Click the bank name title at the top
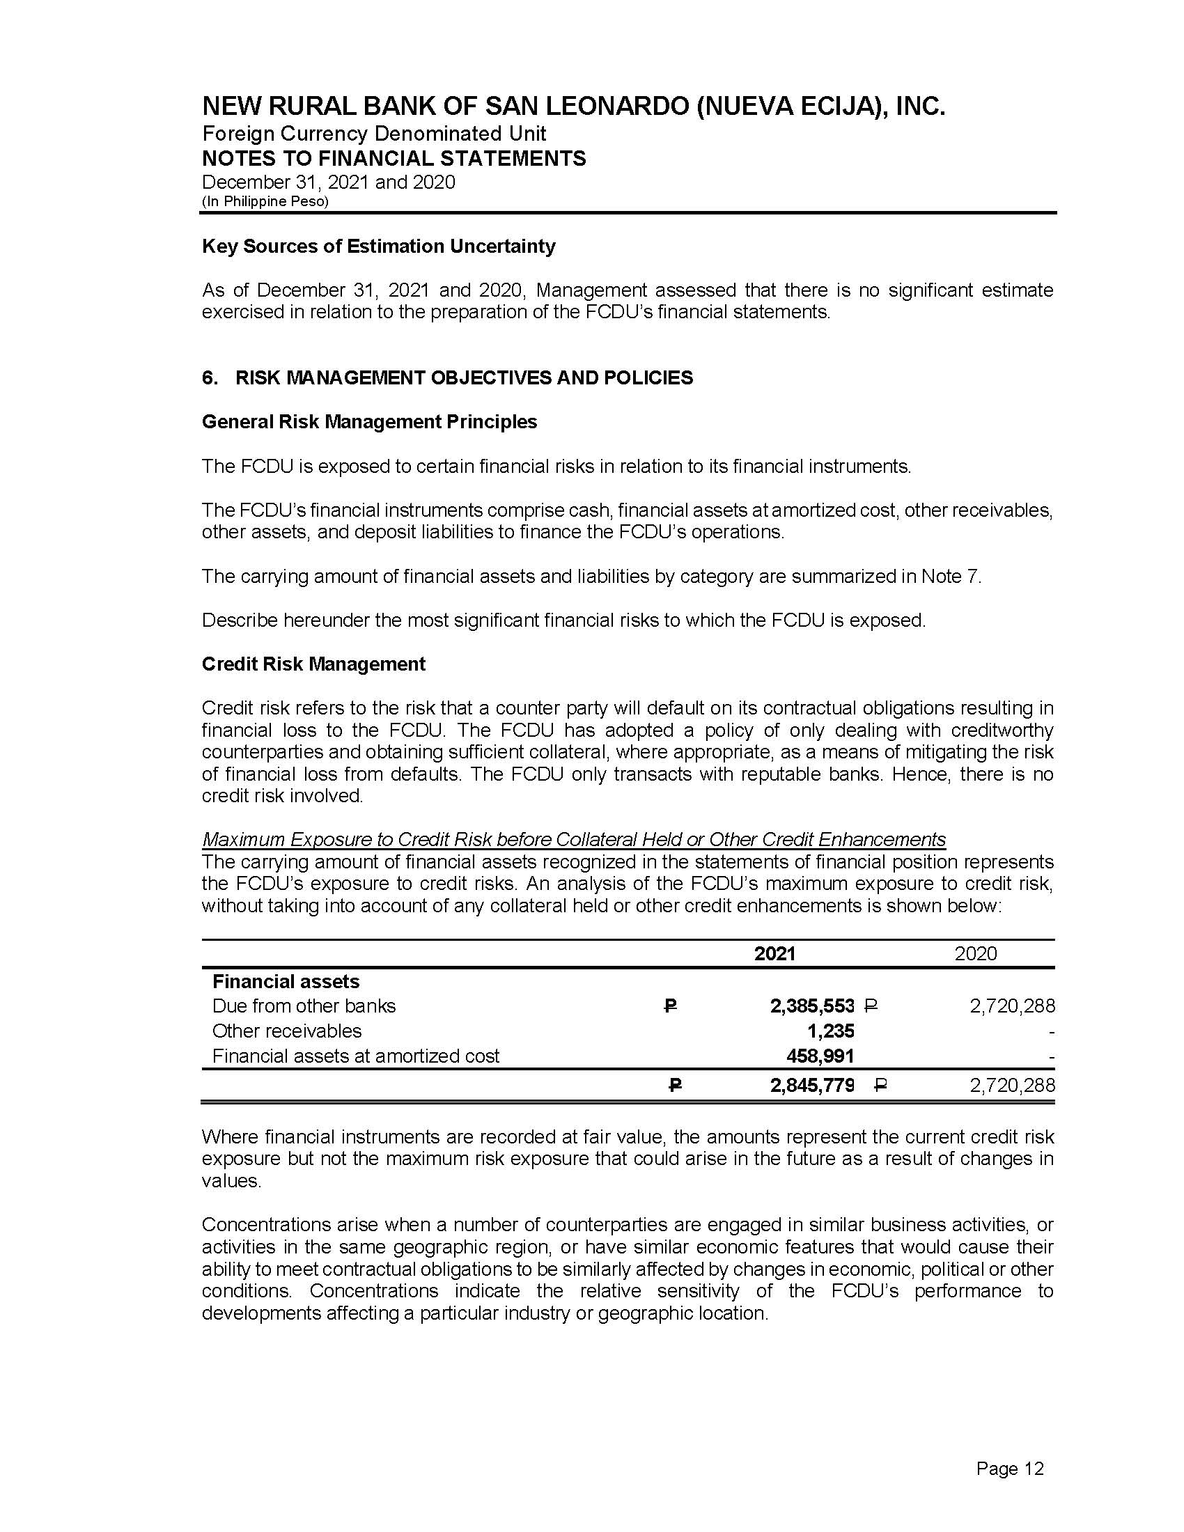coord(573,107)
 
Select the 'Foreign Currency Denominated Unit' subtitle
coord(374,133)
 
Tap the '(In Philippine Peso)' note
coord(265,201)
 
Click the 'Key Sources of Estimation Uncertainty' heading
coord(378,247)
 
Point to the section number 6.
coord(209,377)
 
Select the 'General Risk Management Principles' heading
coord(369,421)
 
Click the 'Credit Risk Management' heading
coord(313,664)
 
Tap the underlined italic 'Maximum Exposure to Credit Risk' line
coord(573,839)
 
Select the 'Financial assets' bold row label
coord(286,981)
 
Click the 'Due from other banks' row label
coord(304,1006)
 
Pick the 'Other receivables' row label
coord(287,1031)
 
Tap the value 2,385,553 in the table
coord(811,1006)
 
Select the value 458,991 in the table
coord(820,1056)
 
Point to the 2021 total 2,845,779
coord(811,1086)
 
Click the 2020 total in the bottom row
coord(1011,1086)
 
